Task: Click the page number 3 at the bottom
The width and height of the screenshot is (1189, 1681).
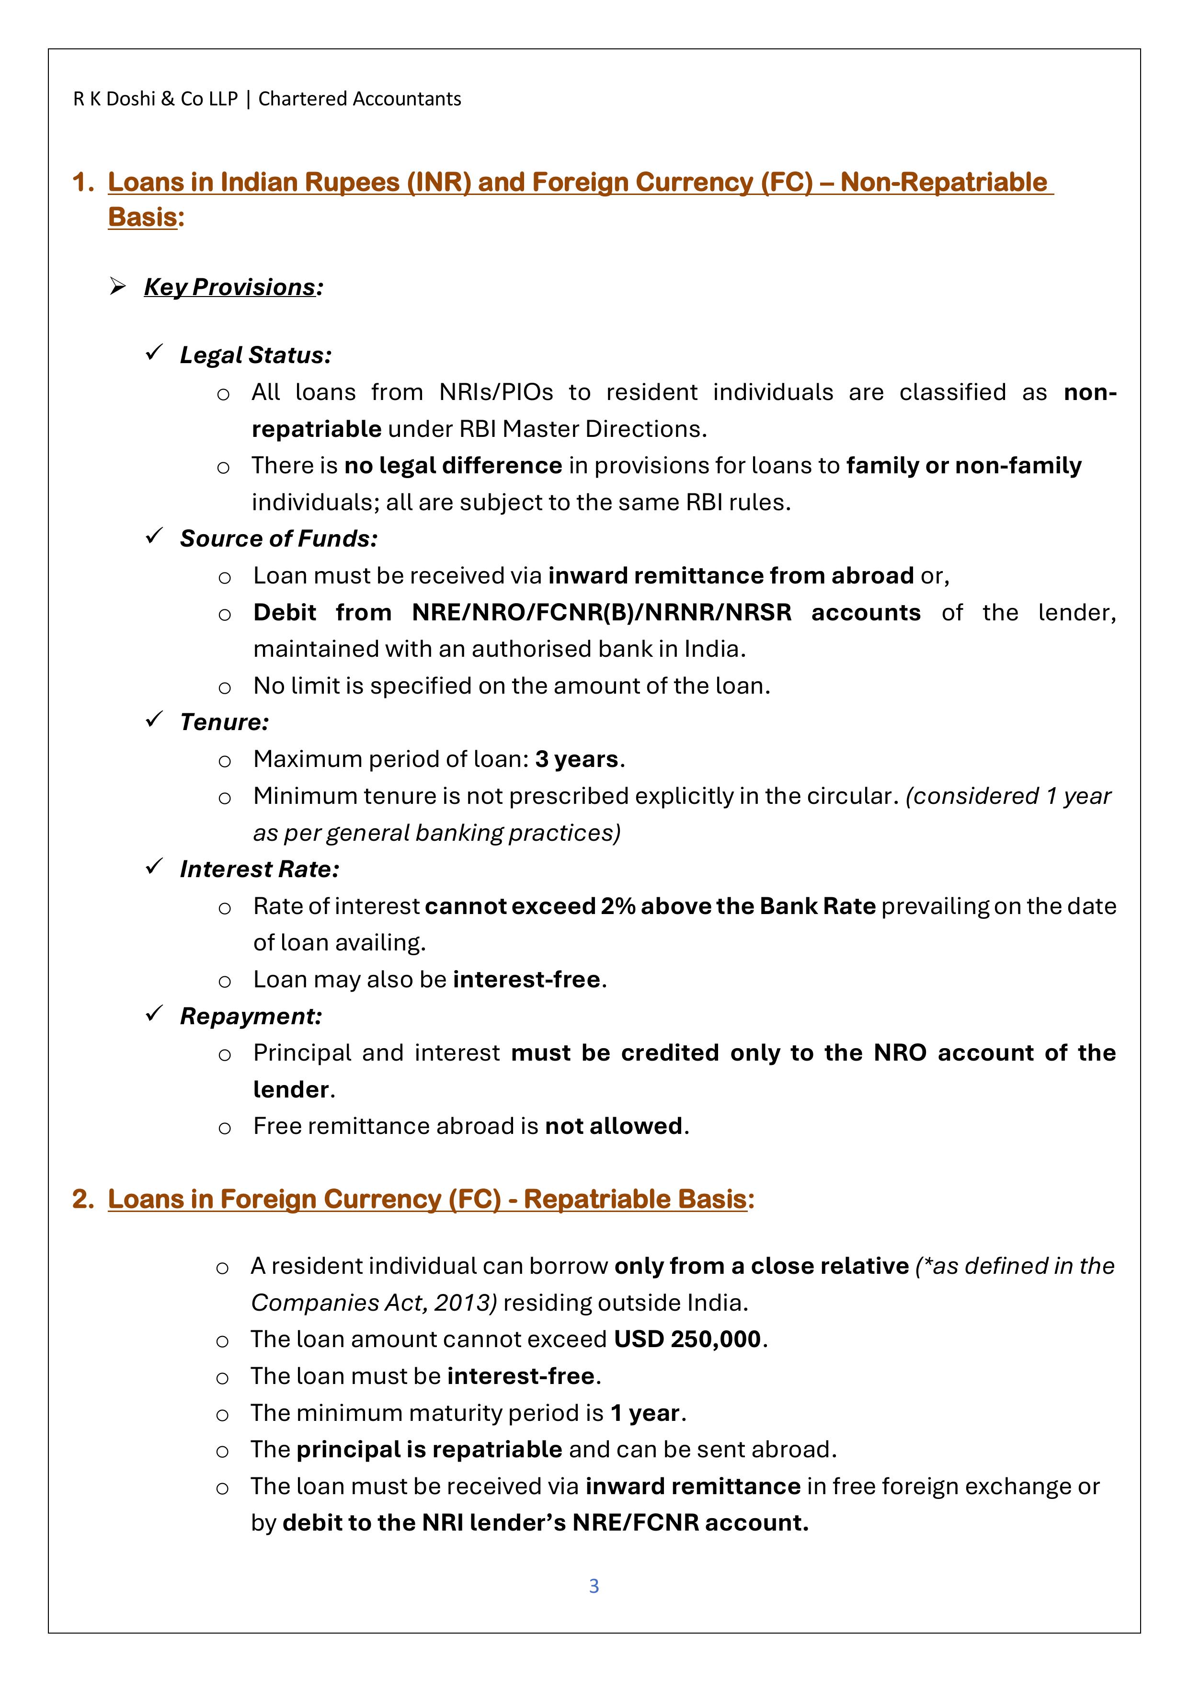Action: [594, 1586]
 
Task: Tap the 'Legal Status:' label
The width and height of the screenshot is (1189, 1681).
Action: [255, 355]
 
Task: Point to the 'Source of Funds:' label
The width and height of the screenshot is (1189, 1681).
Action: [279, 539]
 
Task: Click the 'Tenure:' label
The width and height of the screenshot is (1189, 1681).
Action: [224, 722]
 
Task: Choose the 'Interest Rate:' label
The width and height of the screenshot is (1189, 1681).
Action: [259, 869]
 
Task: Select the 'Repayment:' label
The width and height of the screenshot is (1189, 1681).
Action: [251, 1016]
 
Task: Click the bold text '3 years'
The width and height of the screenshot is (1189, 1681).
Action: [577, 759]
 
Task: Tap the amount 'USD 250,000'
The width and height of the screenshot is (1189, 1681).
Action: [687, 1339]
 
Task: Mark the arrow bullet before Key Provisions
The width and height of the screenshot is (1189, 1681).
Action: [117, 286]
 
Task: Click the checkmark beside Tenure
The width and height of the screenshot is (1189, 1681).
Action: [154, 720]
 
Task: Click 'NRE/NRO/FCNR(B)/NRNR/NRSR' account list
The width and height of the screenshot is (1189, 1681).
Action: [601, 612]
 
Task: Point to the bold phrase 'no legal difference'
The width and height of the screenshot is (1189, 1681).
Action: [453, 466]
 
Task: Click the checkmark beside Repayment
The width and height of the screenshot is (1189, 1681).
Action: [154, 1015]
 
